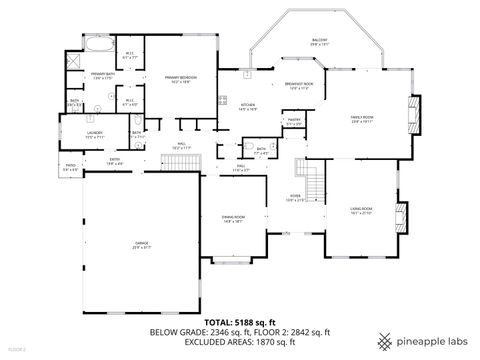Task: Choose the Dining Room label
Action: (x=233, y=219)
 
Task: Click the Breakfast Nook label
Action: (x=299, y=85)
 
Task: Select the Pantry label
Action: (x=295, y=122)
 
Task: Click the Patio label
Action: (x=43, y=167)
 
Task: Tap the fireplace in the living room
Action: (x=401, y=215)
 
